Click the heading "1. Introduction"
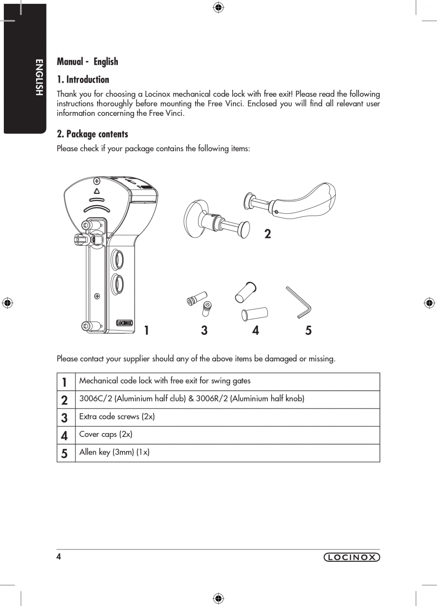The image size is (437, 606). (x=83, y=79)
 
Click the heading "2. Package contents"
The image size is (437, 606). (x=93, y=134)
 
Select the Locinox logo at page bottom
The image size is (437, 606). (x=351, y=558)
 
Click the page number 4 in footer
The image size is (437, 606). (x=59, y=557)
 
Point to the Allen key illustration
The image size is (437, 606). (x=298, y=302)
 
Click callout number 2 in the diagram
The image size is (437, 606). (x=267, y=234)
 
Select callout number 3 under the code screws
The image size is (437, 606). (x=204, y=330)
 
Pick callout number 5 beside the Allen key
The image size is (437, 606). (x=308, y=330)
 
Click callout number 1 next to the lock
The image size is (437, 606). (x=147, y=330)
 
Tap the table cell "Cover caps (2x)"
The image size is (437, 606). (x=106, y=434)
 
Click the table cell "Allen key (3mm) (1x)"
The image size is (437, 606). (x=114, y=452)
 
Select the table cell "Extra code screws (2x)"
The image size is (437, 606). (x=117, y=417)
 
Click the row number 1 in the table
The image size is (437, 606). (x=65, y=382)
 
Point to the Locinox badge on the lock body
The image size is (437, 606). (x=124, y=323)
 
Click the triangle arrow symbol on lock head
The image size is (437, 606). (x=97, y=191)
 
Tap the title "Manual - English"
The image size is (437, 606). (x=87, y=61)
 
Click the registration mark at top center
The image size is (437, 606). (x=218, y=7)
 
